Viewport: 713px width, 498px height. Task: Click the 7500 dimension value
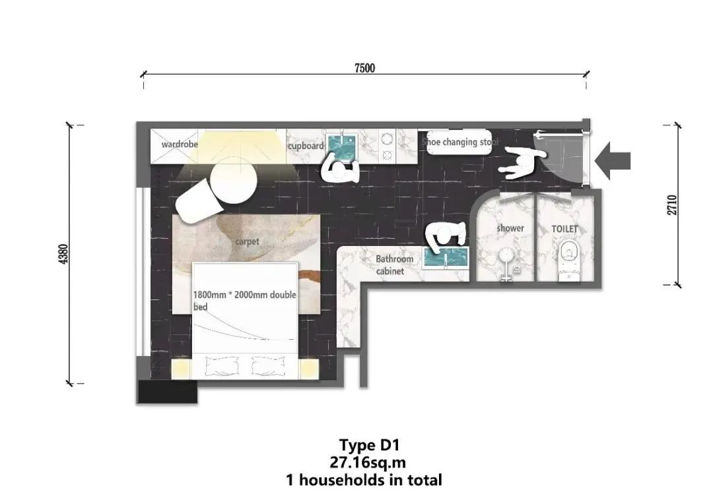(x=364, y=68)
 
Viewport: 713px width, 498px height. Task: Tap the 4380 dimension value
(x=63, y=254)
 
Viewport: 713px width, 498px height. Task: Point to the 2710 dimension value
(x=672, y=205)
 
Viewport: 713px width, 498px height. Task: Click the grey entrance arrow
(x=613, y=160)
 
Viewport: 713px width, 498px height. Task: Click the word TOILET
(x=564, y=229)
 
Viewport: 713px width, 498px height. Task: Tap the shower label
(x=510, y=228)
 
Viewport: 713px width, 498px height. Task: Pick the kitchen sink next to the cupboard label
(x=343, y=148)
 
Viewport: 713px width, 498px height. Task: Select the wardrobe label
(x=180, y=144)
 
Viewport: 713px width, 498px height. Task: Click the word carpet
(x=248, y=241)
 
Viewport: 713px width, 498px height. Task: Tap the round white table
(x=233, y=180)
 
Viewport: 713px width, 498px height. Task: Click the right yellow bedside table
(x=309, y=369)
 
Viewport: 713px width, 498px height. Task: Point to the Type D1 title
(x=370, y=445)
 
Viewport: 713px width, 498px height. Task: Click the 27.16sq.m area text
(x=368, y=462)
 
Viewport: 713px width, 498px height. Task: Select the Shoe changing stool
(x=459, y=142)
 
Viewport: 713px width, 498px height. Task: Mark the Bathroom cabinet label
(x=394, y=265)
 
